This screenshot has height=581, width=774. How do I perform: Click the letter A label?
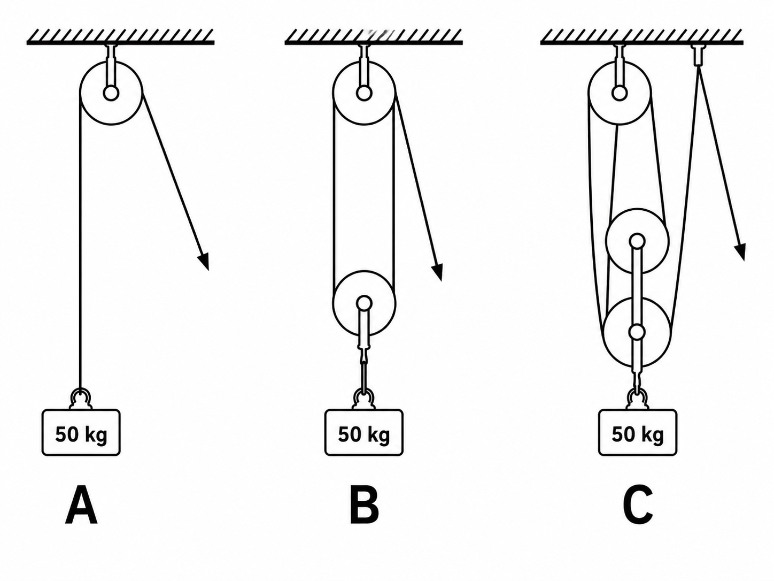coord(81,505)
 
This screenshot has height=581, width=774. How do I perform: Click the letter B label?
coord(364,505)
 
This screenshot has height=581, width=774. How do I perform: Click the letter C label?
coord(638,505)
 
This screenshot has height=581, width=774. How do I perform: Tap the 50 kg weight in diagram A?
coord(81,432)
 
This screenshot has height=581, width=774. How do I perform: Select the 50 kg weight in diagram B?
coord(364,432)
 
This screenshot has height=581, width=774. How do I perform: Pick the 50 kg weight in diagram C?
coord(638,432)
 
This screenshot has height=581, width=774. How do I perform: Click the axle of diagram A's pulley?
coord(111,94)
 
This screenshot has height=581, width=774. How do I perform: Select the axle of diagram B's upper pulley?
coord(364,94)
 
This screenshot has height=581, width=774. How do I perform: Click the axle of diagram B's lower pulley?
coord(364,303)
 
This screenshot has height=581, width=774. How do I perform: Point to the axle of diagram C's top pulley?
coord(620,94)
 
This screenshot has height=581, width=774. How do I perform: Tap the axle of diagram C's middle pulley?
coord(637,242)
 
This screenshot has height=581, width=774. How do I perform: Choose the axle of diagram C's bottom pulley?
coord(637,332)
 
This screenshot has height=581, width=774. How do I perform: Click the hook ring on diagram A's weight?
coord(81,397)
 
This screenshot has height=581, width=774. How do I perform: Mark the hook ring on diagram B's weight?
coord(364,398)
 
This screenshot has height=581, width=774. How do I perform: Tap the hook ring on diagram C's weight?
coord(638,398)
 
